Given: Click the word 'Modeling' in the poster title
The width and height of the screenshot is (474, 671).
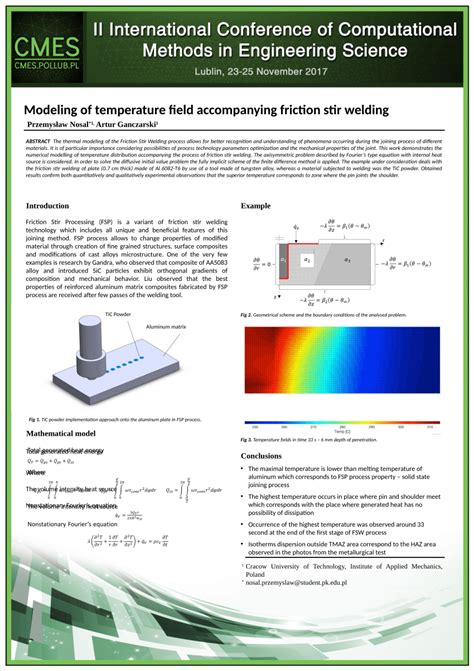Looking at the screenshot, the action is (58, 109).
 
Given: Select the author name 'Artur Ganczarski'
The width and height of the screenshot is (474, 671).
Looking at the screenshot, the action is (130, 125).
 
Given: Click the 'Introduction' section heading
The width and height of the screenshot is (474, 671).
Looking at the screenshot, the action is (55, 205).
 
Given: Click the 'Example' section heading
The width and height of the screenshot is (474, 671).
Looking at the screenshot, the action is (256, 205).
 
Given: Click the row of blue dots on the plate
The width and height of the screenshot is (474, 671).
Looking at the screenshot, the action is (140, 360).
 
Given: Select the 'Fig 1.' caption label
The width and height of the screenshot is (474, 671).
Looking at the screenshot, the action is (33, 418).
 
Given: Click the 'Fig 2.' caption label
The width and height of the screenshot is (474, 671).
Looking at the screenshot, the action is (246, 315).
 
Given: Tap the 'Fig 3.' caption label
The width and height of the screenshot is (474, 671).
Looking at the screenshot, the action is (246, 439).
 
